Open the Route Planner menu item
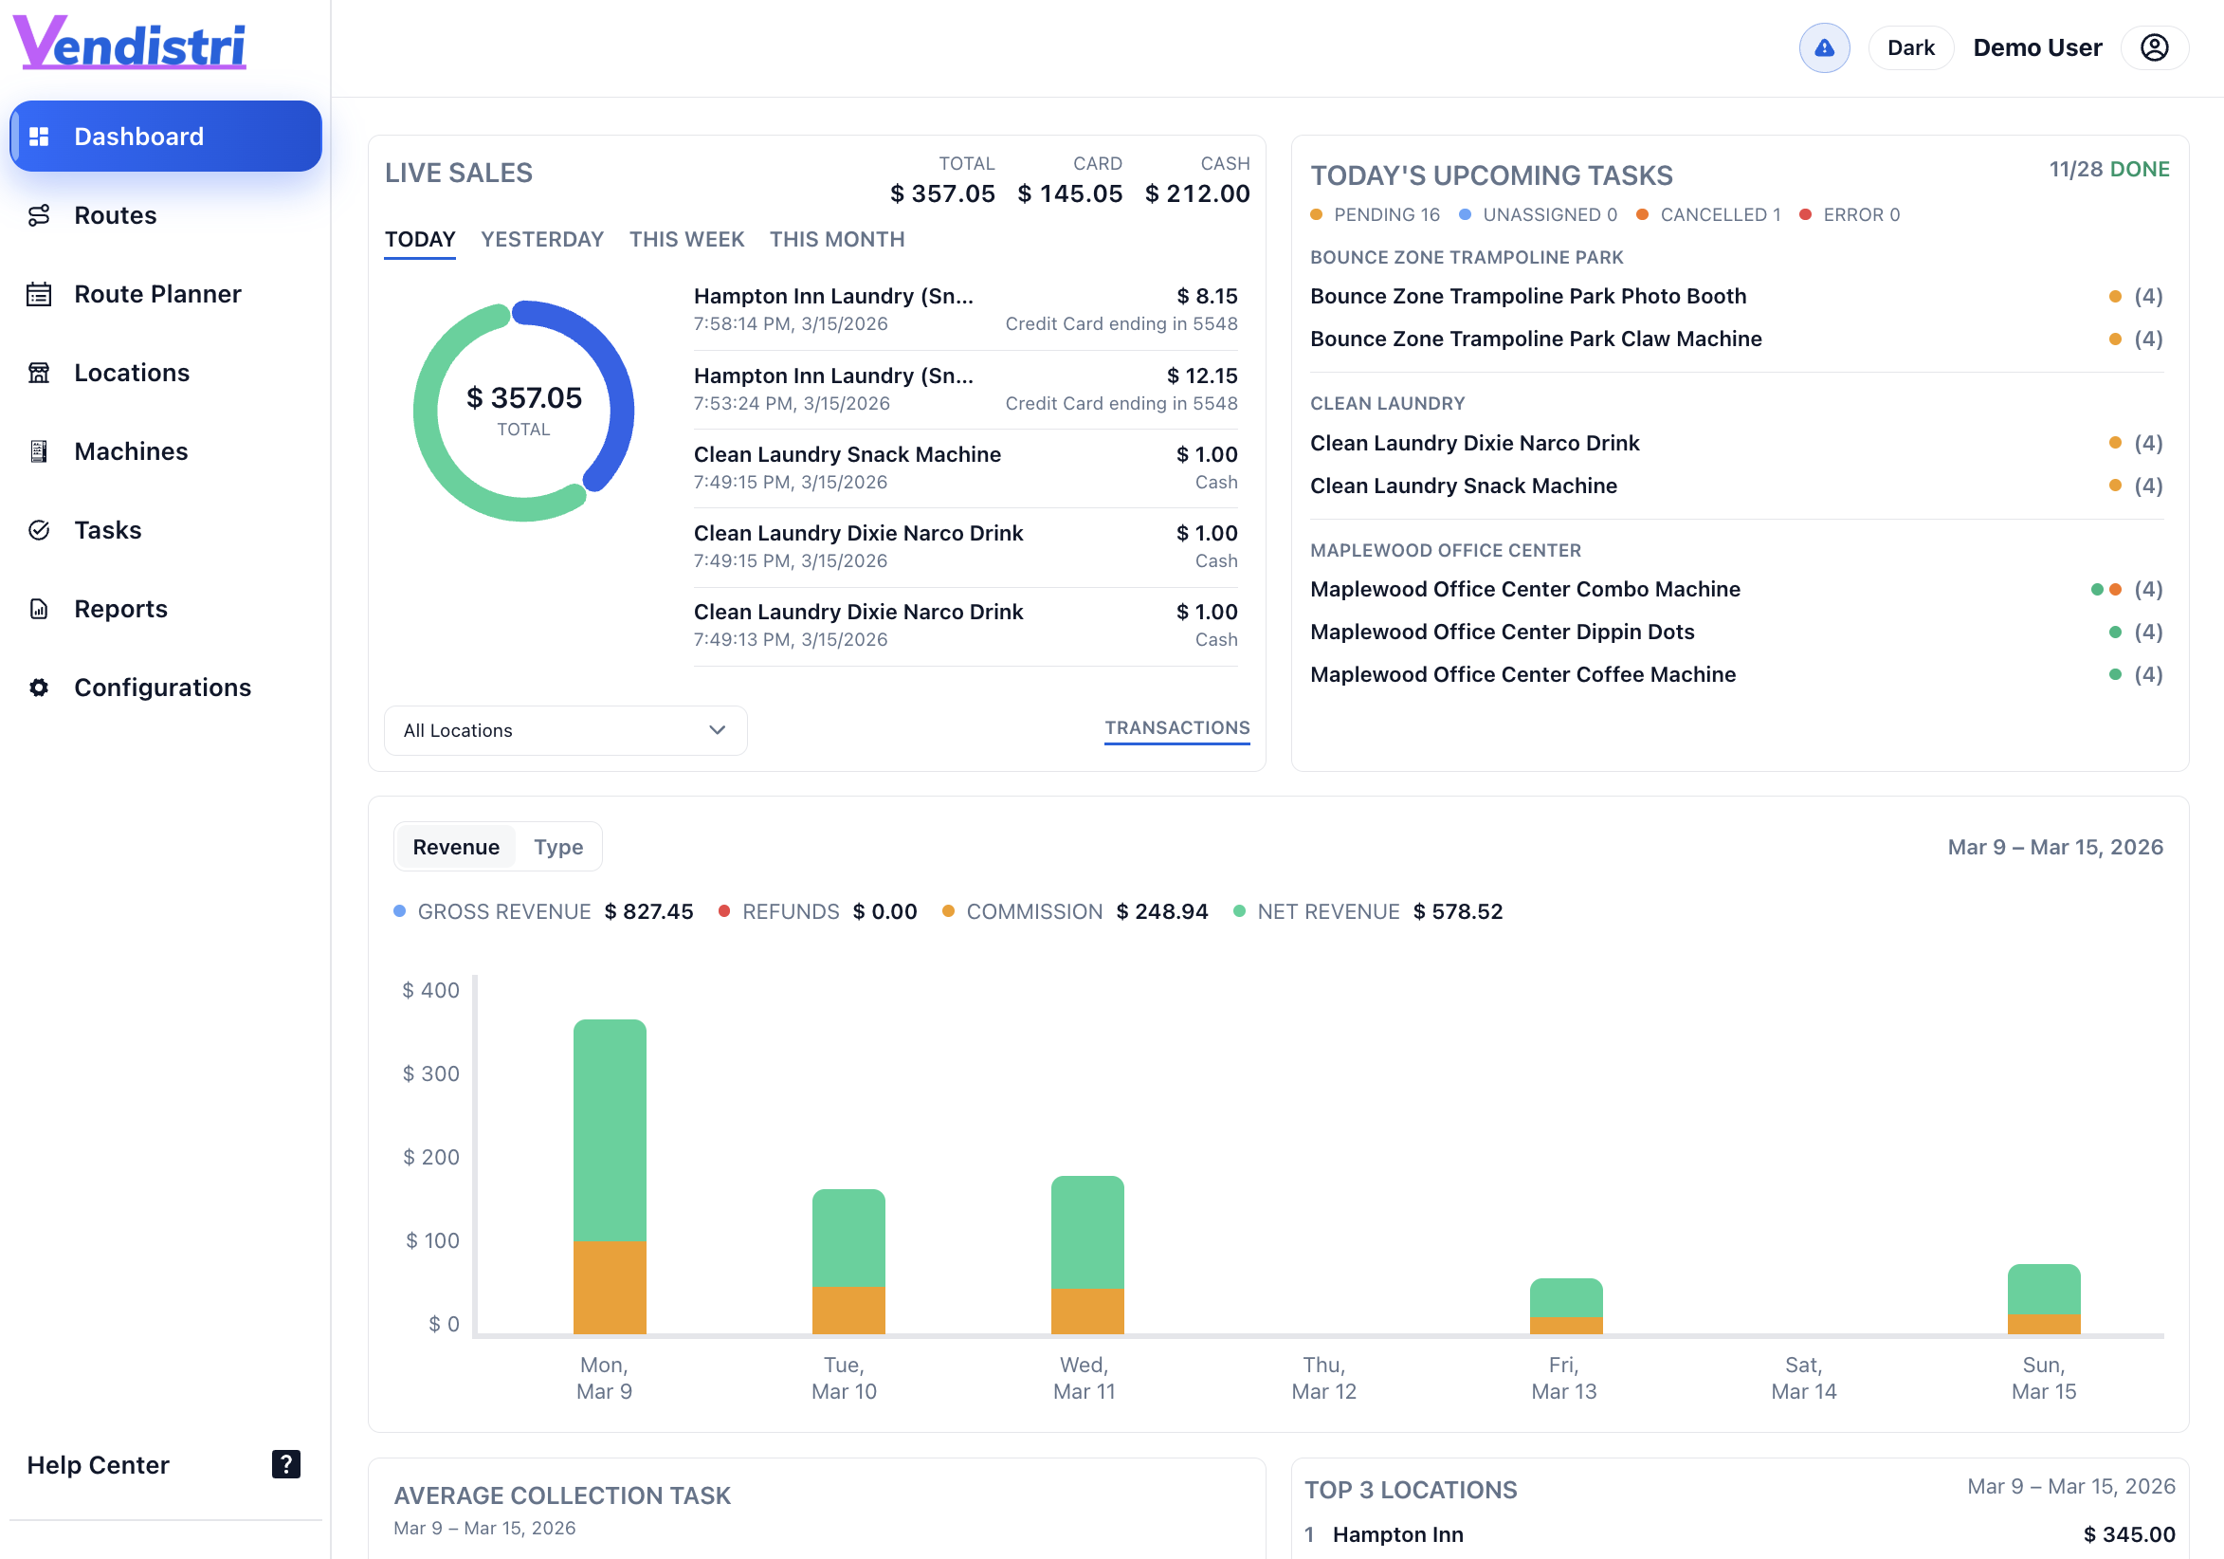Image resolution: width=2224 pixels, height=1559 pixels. click(x=157, y=294)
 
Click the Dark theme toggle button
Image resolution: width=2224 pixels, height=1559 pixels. click(x=1909, y=47)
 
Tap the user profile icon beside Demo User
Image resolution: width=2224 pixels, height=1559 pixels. click(x=2153, y=47)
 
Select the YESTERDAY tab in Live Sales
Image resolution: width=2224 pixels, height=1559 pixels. click(x=541, y=239)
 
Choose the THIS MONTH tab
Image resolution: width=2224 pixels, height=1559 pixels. click(x=836, y=239)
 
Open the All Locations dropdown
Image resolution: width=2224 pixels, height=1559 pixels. click(x=565, y=730)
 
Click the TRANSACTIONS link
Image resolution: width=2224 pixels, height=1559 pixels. click(x=1176, y=727)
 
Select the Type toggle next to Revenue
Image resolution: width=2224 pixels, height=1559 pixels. click(x=558, y=847)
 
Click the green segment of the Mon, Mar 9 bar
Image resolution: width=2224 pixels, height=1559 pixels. click(x=610, y=1128)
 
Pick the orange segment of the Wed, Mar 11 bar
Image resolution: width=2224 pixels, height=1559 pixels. click(x=1086, y=1310)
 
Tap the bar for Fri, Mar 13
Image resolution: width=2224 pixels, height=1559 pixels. click(x=1565, y=1304)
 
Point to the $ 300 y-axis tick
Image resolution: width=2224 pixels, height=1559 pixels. click(x=431, y=1073)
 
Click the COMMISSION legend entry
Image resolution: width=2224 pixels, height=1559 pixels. click(x=1032, y=911)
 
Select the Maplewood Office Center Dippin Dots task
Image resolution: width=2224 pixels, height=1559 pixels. click(x=1502, y=632)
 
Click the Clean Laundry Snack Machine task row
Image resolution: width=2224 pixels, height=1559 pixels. click(x=1463, y=486)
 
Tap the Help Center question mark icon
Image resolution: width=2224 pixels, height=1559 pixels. click(x=285, y=1463)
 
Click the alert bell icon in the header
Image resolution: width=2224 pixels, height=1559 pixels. click(x=1823, y=47)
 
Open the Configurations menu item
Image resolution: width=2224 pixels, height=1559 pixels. click(x=162, y=687)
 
